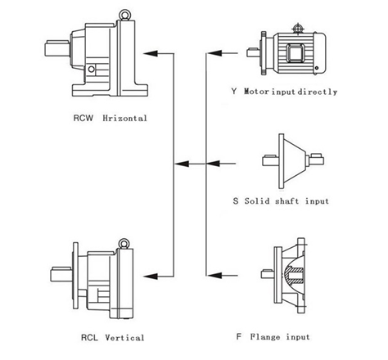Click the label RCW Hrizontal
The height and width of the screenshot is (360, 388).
pyautogui.click(x=111, y=119)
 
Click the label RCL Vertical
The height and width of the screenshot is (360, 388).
pyautogui.click(x=113, y=338)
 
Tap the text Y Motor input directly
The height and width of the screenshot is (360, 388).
pyautogui.click(x=284, y=92)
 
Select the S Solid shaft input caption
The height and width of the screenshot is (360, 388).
pyautogui.click(x=281, y=201)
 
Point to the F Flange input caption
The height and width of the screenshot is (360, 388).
pyautogui.click(x=273, y=337)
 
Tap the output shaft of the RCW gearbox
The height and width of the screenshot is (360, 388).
pyautogui.click(x=57, y=48)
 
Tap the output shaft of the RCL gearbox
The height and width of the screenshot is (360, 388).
pyautogui.click(x=61, y=275)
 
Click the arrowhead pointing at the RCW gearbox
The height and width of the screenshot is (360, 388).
pyautogui.click(x=151, y=53)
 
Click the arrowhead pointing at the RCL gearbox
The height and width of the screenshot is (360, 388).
pyautogui.click(x=151, y=277)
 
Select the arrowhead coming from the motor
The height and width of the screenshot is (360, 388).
pyautogui.click(x=214, y=53)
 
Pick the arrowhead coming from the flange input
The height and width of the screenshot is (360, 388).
pyautogui.click(x=214, y=276)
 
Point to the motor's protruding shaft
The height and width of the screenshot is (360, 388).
pyautogui.click(x=253, y=52)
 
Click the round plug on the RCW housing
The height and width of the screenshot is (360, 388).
pyautogui.click(x=92, y=69)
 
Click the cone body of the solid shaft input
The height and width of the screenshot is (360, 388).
pyautogui.click(x=294, y=161)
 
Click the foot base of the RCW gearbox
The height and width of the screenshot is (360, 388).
pyautogui.click(x=110, y=90)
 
